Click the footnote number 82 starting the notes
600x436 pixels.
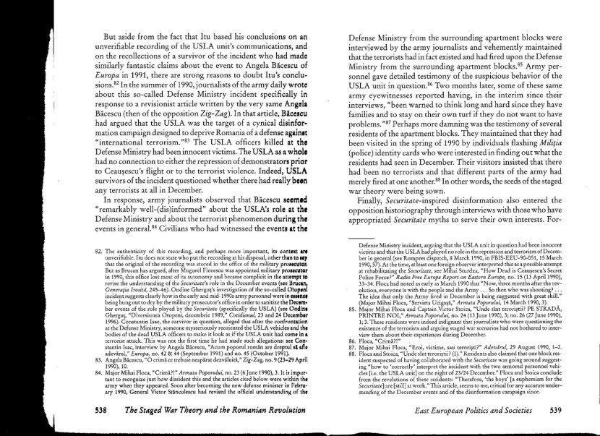[100, 251]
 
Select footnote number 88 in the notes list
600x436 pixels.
[353, 353]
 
